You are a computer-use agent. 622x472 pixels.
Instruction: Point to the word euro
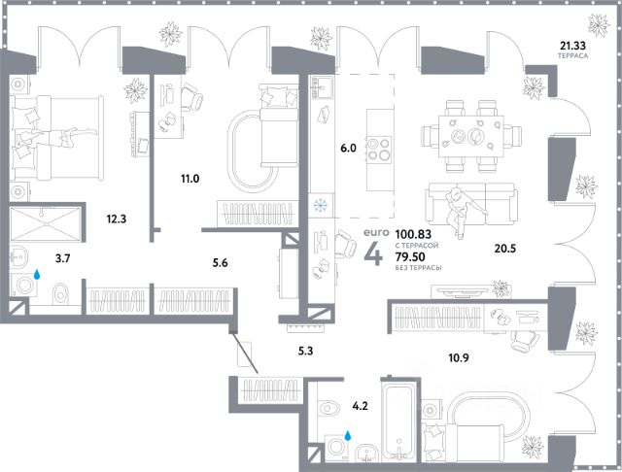pos(374,234)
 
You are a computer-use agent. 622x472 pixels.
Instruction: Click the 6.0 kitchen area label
pos(348,149)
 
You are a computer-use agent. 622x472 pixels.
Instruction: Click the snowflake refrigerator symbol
pos(316,205)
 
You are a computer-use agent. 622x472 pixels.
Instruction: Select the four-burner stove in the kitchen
pos(381,152)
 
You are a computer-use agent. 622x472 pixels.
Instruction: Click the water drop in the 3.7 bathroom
pos(36,275)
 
